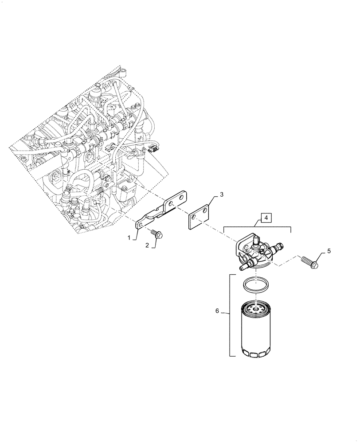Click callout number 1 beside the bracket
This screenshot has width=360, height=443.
point(129,238)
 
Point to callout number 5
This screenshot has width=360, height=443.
point(329,251)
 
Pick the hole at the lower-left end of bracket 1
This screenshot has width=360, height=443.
point(140,226)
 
